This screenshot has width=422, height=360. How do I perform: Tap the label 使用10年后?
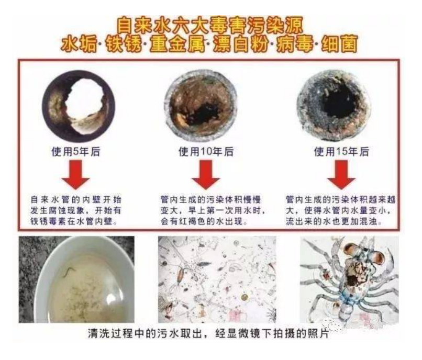click(206, 152)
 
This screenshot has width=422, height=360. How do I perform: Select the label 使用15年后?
click(341, 152)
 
